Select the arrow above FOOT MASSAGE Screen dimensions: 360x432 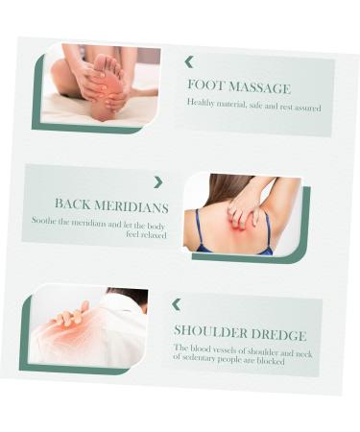pos(189,62)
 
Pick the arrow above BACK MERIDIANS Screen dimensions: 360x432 pos(158,182)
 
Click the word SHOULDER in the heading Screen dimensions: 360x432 pos(211,331)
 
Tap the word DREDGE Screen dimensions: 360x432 pos(278,335)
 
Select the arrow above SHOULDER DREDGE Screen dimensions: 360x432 pos(177,304)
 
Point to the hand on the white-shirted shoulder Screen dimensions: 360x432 pos(68,316)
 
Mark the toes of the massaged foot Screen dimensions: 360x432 pos(110,62)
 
